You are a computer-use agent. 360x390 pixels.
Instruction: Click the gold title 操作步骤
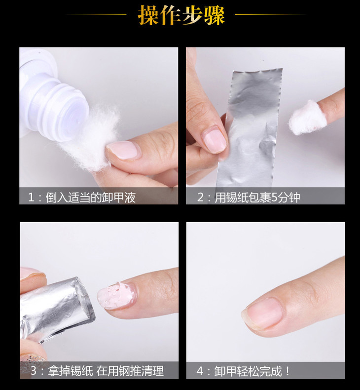click(x=181, y=15)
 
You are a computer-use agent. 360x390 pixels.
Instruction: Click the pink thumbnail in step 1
click(x=123, y=150)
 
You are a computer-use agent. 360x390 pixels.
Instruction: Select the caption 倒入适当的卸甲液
click(x=90, y=197)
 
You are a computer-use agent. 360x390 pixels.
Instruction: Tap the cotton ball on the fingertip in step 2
click(x=308, y=117)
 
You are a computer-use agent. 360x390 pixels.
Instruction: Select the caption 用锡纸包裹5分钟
click(x=257, y=197)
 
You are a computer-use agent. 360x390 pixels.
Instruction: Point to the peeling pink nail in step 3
click(x=116, y=296)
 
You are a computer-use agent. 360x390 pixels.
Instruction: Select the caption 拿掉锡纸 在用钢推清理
click(x=106, y=371)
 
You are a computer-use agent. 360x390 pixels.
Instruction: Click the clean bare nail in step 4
click(x=263, y=313)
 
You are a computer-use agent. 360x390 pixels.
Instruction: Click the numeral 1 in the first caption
click(x=31, y=198)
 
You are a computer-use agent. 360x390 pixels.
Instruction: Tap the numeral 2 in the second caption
click(x=200, y=197)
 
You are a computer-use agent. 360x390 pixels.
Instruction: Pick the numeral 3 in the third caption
click(x=34, y=371)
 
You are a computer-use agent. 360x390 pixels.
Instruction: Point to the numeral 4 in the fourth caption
click(x=200, y=371)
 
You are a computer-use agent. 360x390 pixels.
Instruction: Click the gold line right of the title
click(x=270, y=14)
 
